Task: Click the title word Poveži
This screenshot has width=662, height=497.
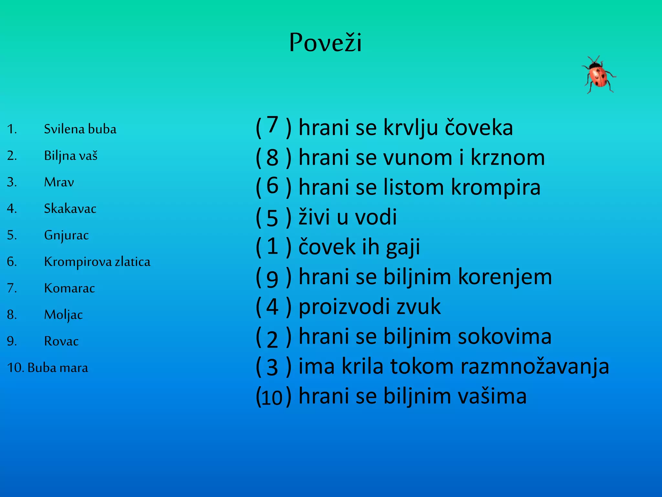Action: pyautogui.click(x=325, y=43)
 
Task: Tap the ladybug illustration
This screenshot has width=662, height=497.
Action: pyautogui.click(x=599, y=75)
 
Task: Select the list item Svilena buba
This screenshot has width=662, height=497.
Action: pyautogui.click(x=80, y=129)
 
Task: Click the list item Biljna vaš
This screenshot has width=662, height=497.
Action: pyautogui.click(x=70, y=156)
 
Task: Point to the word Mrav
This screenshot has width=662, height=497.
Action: pyautogui.click(x=59, y=182)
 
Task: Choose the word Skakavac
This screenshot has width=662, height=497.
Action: pyautogui.click(x=70, y=209)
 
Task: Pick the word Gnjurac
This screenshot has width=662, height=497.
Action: pyautogui.click(x=66, y=235)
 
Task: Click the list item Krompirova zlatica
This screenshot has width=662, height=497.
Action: pyautogui.click(x=97, y=262)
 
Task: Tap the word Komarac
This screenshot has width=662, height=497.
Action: pyautogui.click(x=69, y=288)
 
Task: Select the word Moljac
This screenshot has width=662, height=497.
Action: pyautogui.click(x=63, y=315)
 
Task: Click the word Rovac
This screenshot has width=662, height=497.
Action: pyautogui.click(x=61, y=341)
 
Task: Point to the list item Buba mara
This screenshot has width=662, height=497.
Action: pyautogui.click(x=58, y=368)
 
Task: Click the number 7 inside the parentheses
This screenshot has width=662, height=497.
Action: pyautogui.click(x=272, y=125)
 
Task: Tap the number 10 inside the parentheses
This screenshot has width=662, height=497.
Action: pyautogui.click(x=272, y=397)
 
